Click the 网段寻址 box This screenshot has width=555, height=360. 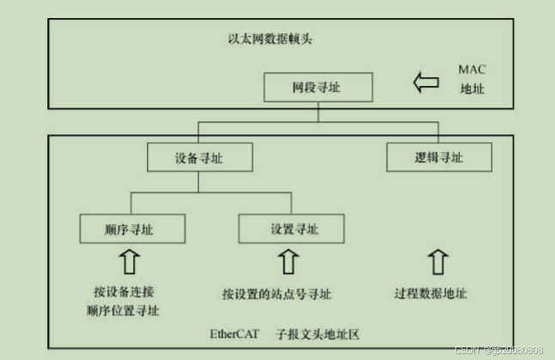click(x=318, y=87)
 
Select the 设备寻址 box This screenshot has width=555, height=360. click(x=200, y=158)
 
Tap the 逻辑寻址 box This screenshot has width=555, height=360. click(x=438, y=158)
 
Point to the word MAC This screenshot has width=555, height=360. click(x=472, y=69)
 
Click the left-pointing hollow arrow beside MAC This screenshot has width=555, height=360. click(x=426, y=82)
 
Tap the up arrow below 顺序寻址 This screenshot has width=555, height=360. click(x=131, y=261)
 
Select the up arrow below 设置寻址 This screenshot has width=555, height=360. click(x=289, y=261)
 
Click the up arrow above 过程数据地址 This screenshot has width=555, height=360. click(x=438, y=261)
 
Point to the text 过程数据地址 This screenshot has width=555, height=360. click(x=431, y=294)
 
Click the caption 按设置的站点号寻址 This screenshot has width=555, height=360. click(x=277, y=294)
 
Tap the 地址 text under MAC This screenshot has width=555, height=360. click(x=472, y=88)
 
